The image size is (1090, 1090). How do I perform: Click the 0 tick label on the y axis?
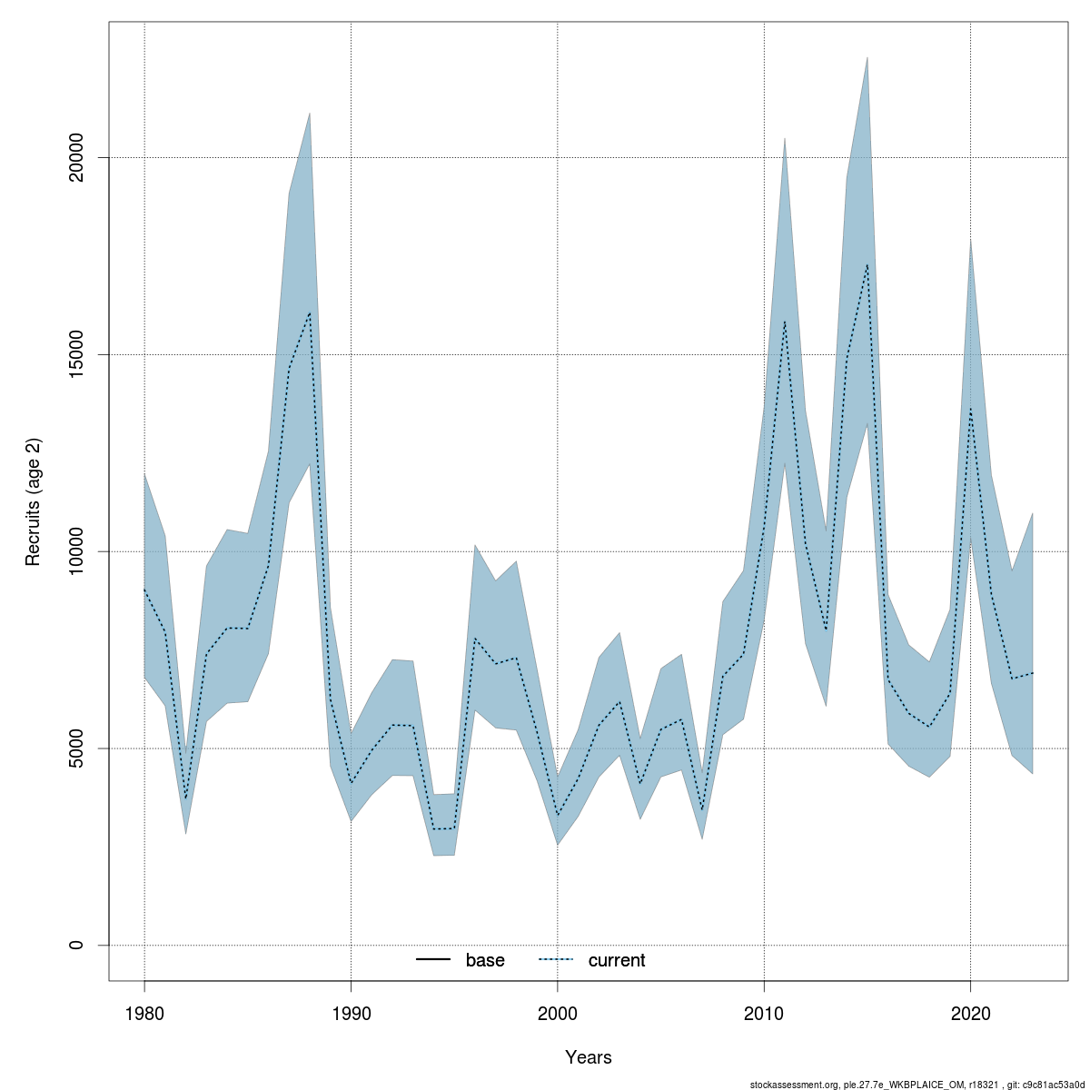(x=77, y=945)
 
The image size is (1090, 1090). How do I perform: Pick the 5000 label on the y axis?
(x=77, y=748)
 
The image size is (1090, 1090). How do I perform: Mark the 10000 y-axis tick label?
(x=77, y=551)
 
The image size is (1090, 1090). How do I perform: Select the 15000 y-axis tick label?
(x=77, y=354)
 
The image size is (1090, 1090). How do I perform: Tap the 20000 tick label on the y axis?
(x=77, y=158)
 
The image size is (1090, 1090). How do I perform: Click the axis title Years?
(x=589, y=1057)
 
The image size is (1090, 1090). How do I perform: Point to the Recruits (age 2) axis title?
(x=34, y=502)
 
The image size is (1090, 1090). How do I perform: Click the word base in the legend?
(x=485, y=960)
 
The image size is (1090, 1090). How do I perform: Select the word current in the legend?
(x=617, y=960)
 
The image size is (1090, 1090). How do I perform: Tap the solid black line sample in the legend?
(x=433, y=960)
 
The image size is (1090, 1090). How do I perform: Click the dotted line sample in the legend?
(x=556, y=960)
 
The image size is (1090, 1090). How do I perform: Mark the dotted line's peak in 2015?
(x=867, y=264)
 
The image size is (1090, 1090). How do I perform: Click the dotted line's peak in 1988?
(x=310, y=312)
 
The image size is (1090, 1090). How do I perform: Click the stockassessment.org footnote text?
(x=918, y=1084)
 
